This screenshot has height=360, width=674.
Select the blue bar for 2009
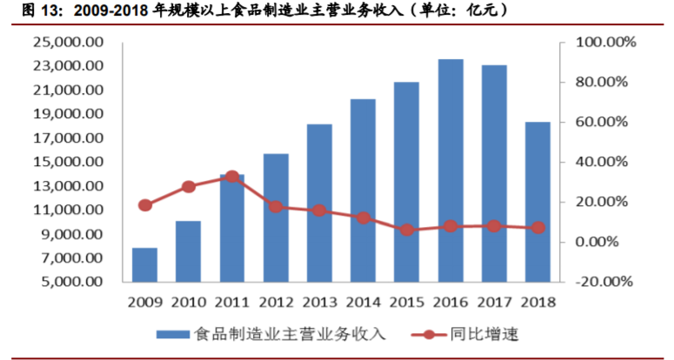coord(145,264)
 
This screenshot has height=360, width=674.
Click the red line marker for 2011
coord(232,177)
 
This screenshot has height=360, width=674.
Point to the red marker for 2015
coord(406,230)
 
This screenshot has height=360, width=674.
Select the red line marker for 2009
coord(145,205)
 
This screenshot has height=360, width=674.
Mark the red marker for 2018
coord(537,227)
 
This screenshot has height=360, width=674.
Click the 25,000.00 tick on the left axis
coord(67,42)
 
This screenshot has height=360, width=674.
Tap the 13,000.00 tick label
coord(67,186)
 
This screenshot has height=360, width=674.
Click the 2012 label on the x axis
coord(276,303)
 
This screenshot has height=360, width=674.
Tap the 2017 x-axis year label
coord(493,303)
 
